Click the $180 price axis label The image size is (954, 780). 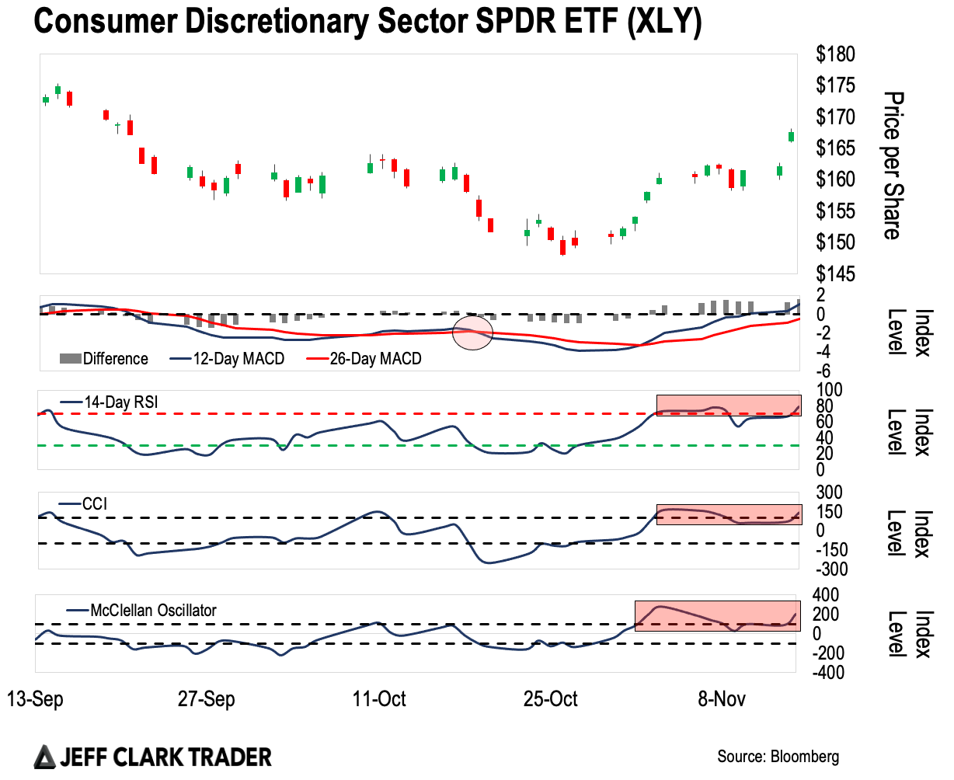[835, 54]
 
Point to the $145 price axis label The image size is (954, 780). [835, 274]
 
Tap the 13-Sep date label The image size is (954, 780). [35, 699]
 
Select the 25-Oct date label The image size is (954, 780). [550, 699]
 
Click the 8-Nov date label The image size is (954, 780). [722, 699]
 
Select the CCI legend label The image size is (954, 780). [94, 504]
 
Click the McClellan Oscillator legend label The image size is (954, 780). [153, 611]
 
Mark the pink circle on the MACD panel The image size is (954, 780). [473, 333]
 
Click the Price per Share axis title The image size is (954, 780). [893, 165]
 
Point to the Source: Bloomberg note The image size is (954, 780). [778, 757]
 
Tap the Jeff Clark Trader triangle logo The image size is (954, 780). [45, 757]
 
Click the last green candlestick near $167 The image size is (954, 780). [791, 136]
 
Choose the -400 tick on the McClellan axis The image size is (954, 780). [828, 673]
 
